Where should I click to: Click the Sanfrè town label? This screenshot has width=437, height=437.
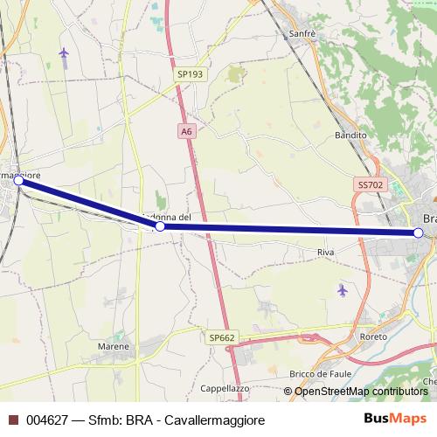coord(301,34)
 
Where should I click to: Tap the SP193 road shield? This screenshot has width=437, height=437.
coord(189,75)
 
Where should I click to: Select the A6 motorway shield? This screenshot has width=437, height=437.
coord(186,131)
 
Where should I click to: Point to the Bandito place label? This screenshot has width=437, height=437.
coord(350,136)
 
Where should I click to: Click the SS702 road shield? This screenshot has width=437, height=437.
coord(370,185)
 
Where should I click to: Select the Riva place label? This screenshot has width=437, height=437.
coord(326,252)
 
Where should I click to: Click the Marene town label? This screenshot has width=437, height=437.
coord(114,346)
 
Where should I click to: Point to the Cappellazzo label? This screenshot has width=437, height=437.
coord(226,390)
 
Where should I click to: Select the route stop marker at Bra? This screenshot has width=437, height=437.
coord(419,232)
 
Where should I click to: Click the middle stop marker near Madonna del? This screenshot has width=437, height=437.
coord(160,226)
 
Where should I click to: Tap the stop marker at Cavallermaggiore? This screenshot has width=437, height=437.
coord(18,180)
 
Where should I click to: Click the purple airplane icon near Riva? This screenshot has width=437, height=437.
coord(342,289)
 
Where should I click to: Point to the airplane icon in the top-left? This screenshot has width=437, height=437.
coord(64,53)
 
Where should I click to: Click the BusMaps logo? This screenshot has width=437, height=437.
coord(395,419)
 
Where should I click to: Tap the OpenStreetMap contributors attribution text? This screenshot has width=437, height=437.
coord(361,392)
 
